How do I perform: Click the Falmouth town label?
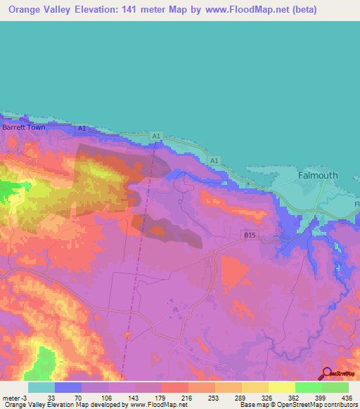[x=318, y=176]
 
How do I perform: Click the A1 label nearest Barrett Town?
[x=82, y=129]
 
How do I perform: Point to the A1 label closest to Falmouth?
[x=213, y=161]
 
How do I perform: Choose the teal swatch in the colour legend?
[x=41, y=387]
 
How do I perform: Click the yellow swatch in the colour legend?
[x=282, y=387]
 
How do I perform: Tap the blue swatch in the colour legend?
[x=68, y=387]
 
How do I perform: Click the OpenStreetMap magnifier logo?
[x=326, y=375]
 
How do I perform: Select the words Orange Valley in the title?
[x=41, y=10]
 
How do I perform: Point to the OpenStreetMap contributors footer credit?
[x=314, y=405]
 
